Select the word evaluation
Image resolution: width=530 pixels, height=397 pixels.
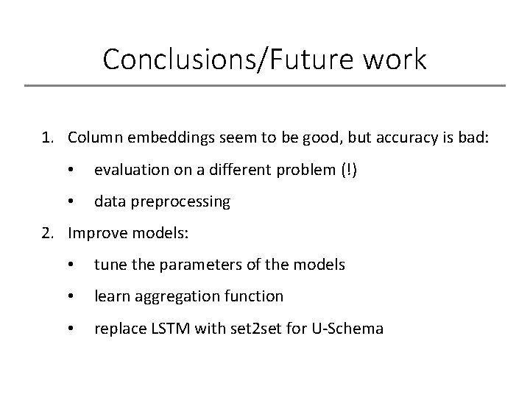pos(128,168)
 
